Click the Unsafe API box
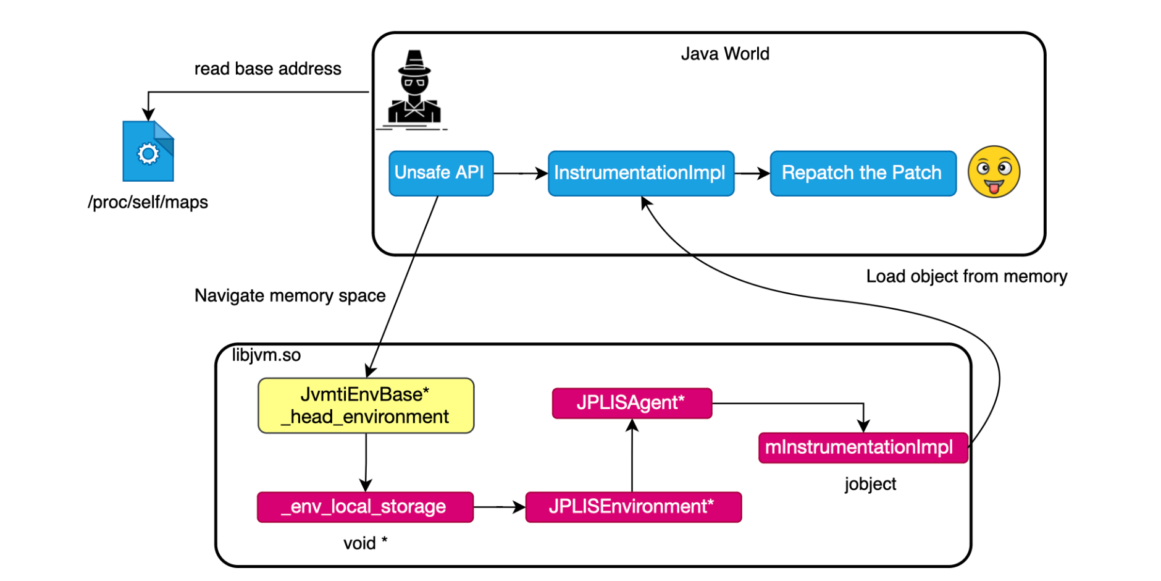(440, 173)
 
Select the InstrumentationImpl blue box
(640, 173)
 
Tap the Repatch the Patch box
(862, 173)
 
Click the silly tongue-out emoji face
(993, 172)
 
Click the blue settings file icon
(148, 151)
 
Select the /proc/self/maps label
(148, 202)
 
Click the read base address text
(267, 69)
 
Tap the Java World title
(725, 54)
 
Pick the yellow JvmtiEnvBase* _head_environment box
(366, 405)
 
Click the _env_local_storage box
(365, 507)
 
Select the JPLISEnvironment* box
(633, 507)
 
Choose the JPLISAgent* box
(631, 403)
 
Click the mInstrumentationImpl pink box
(862, 447)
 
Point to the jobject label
(870, 483)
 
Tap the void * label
(365, 543)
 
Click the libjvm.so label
(266, 355)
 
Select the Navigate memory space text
(290, 295)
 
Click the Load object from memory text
(966, 276)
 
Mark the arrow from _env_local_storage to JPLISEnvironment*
(499, 507)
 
